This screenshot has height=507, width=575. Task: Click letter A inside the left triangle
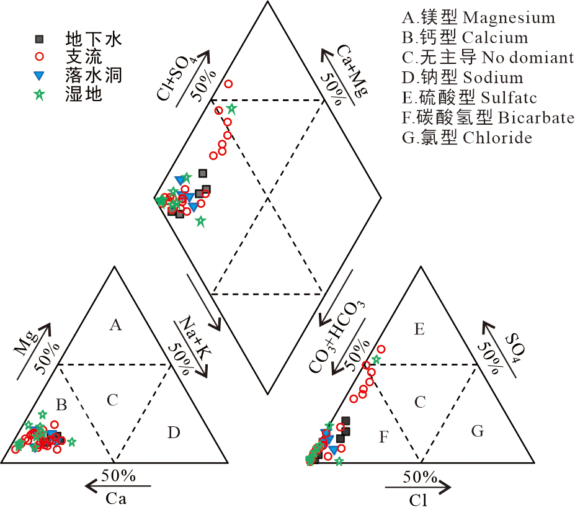(x=114, y=324)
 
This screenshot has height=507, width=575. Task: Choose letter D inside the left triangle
(x=173, y=433)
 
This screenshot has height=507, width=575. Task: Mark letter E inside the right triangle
(x=419, y=330)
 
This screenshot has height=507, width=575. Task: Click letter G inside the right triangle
(x=477, y=431)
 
